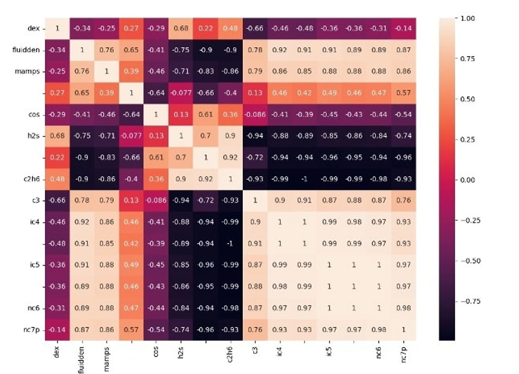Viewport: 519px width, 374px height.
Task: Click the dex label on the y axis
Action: coord(33,28)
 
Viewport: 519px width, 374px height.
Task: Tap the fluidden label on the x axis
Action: coord(82,359)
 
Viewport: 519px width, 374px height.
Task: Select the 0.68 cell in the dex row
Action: coord(181,28)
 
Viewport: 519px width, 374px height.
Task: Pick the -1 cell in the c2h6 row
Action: coord(304,179)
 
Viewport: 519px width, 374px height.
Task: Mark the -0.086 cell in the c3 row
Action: coord(156,200)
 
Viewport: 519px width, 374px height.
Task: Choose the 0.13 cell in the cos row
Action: coord(181,114)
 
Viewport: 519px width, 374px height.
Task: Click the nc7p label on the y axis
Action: coord(32,330)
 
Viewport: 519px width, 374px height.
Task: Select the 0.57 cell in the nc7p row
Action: coord(132,330)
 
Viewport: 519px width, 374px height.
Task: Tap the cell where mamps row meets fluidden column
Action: coord(82,71)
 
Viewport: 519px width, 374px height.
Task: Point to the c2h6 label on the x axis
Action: coord(230,354)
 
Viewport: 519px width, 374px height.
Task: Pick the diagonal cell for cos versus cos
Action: coord(156,114)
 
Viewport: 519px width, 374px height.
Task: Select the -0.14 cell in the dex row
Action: coord(404,28)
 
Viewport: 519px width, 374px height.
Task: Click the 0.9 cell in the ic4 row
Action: coord(255,222)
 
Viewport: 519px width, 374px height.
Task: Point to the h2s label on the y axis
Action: coord(33,136)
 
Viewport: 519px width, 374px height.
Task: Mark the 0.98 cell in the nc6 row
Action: coord(404,308)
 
